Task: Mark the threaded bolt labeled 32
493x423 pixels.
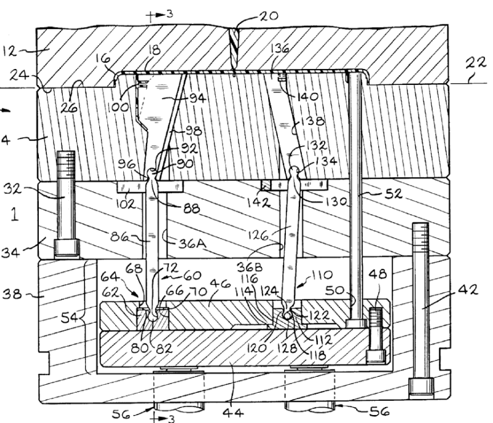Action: coord(66,203)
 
